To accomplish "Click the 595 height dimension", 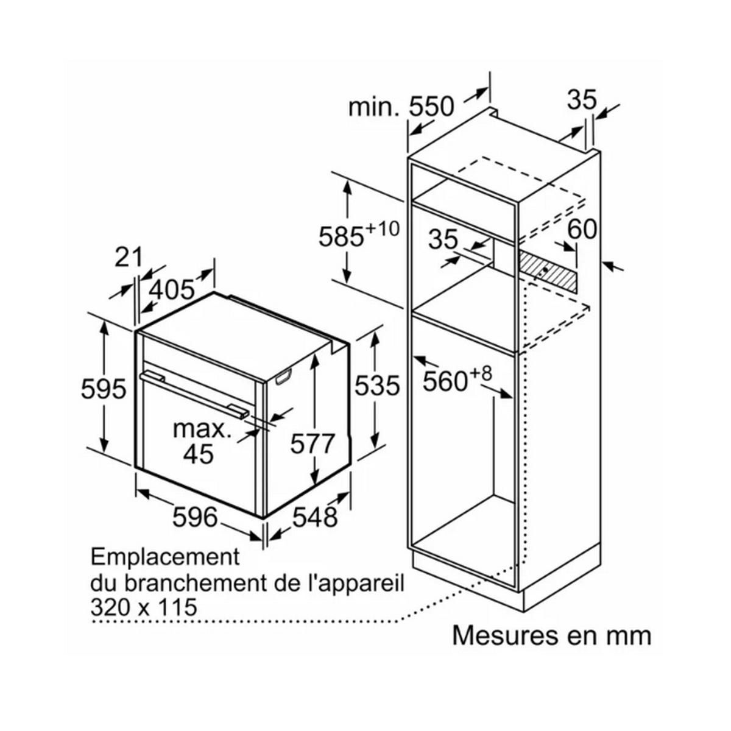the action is pyautogui.click(x=103, y=389).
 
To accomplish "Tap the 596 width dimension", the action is pyautogui.click(x=195, y=517).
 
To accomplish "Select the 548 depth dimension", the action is pyautogui.click(x=315, y=517).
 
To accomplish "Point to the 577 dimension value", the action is pyautogui.click(x=313, y=443).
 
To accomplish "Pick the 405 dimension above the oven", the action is pyautogui.click(x=171, y=290).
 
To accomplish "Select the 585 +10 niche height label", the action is pyautogui.click(x=358, y=234).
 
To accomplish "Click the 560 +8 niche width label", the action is pyautogui.click(x=457, y=379).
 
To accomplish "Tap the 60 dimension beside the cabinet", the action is pyautogui.click(x=582, y=229).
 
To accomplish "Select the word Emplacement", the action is pyautogui.click(x=166, y=557).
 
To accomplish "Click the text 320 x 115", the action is pyautogui.click(x=144, y=607).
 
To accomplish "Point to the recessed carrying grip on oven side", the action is pyautogui.click(x=284, y=378).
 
